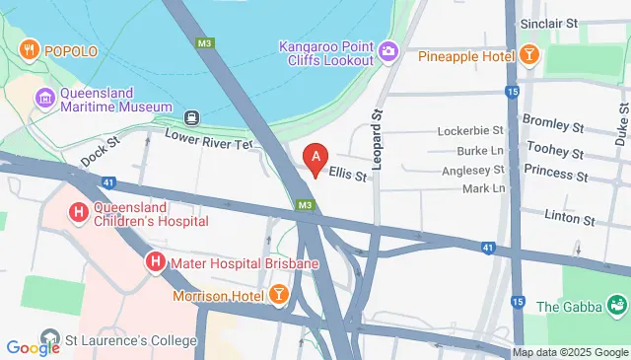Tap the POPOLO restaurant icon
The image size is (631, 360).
(x=31, y=48)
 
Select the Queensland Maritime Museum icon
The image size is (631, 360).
(x=44, y=98)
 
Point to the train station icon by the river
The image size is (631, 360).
(x=191, y=117)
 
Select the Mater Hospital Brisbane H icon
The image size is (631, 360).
(x=155, y=262)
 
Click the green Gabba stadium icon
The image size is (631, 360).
(x=618, y=306)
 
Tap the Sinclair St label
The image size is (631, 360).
(x=577, y=22)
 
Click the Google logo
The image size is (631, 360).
(x=33, y=347)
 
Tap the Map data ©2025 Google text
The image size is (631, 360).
(x=569, y=352)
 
